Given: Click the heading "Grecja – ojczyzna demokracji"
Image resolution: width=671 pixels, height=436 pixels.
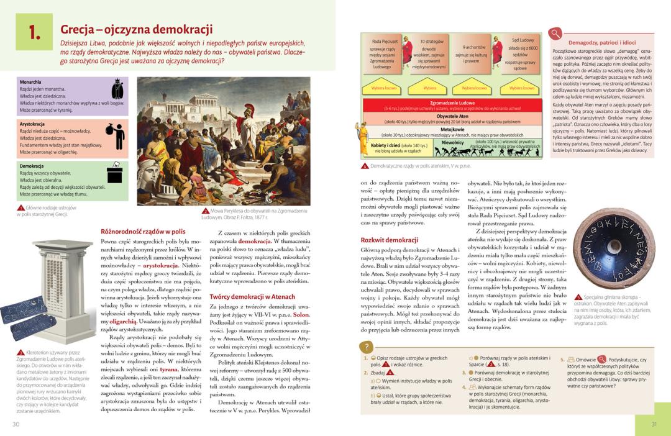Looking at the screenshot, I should [x=136, y=29].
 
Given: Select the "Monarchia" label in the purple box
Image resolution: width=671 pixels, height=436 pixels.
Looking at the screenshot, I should [x=30, y=82].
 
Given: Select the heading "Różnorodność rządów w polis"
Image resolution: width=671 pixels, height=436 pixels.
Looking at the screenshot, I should [x=143, y=231].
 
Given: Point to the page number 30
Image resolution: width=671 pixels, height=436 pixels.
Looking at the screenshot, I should [x=16, y=424].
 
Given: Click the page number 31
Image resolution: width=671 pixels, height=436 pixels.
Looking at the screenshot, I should [x=654, y=424].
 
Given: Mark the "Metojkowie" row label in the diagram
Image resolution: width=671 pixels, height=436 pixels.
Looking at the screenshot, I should [x=452, y=130].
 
